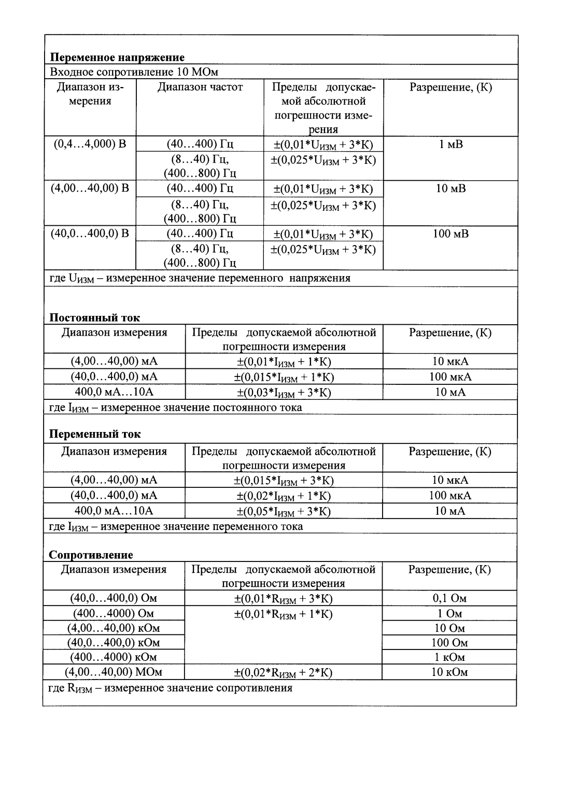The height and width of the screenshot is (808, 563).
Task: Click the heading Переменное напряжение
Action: coord(117,57)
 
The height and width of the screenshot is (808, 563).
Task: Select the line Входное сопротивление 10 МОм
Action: coord(134,72)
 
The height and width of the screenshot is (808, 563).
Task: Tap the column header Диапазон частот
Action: coord(200,87)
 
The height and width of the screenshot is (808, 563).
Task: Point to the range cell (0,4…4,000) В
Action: coord(90,143)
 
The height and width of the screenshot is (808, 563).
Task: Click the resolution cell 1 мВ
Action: coord(451,144)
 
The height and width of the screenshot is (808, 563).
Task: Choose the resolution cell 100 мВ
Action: coord(451,234)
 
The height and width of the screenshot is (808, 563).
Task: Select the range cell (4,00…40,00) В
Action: coord(90,188)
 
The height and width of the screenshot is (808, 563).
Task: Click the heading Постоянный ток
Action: coord(94,318)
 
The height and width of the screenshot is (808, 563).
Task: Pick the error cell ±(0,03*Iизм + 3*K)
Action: coord(284,393)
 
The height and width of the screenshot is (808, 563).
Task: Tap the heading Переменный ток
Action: coord(94,434)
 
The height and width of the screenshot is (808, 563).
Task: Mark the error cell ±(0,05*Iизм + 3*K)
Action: coord(284,512)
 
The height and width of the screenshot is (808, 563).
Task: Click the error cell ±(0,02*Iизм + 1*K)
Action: coord(284,496)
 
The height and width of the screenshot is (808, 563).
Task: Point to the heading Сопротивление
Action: coord(91,555)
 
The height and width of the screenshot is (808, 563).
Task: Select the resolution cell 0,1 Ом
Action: coord(449,598)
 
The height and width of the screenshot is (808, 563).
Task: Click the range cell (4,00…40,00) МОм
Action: coord(114,672)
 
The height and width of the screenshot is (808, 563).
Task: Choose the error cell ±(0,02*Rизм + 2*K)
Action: coord(283,673)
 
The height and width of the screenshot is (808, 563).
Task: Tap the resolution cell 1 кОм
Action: coord(449,657)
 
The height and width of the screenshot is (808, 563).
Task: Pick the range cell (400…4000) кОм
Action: coord(114,657)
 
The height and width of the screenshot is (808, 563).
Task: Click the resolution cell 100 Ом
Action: coord(449,643)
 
